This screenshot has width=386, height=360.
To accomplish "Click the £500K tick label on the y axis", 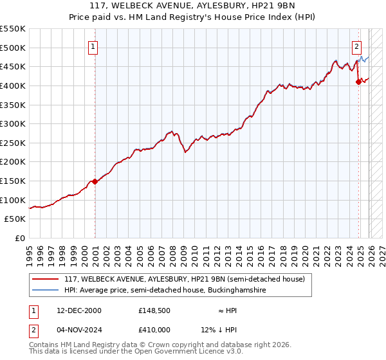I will [13, 48].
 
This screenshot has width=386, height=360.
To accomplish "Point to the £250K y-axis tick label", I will [13, 143].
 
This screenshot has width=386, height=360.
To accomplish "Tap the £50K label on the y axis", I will [15, 219].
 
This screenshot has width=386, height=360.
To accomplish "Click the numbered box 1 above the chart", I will [94, 46].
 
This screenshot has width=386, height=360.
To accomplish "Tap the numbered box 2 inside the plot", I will [356, 46].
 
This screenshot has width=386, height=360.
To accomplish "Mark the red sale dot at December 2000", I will [95, 181].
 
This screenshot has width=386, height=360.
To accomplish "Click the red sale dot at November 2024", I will [358, 82].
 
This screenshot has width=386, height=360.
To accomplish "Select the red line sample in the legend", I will [45, 278].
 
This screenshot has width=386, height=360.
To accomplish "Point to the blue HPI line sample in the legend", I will [45, 291].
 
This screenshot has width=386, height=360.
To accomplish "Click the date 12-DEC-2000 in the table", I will [79, 310].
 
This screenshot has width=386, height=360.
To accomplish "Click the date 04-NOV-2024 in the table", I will [79, 330].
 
